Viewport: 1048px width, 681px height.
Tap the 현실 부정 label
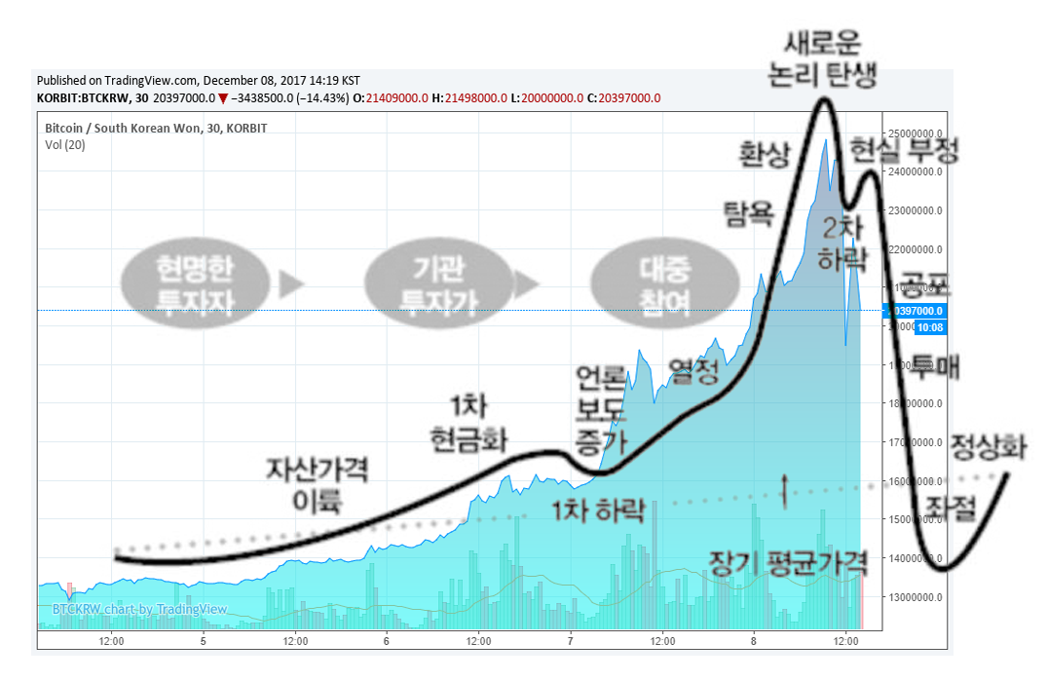click(x=905, y=149)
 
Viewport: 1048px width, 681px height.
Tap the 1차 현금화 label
click(x=468, y=424)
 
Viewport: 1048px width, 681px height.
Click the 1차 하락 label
click(x=598, y=510)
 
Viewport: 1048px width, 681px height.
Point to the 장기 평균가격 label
click(x=788, y=562)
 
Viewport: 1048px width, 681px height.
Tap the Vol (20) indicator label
click(x=65, y=145)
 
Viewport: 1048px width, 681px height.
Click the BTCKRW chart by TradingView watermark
click(x=139, y=610)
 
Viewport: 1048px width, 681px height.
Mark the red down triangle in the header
click(x=223, y=97)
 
